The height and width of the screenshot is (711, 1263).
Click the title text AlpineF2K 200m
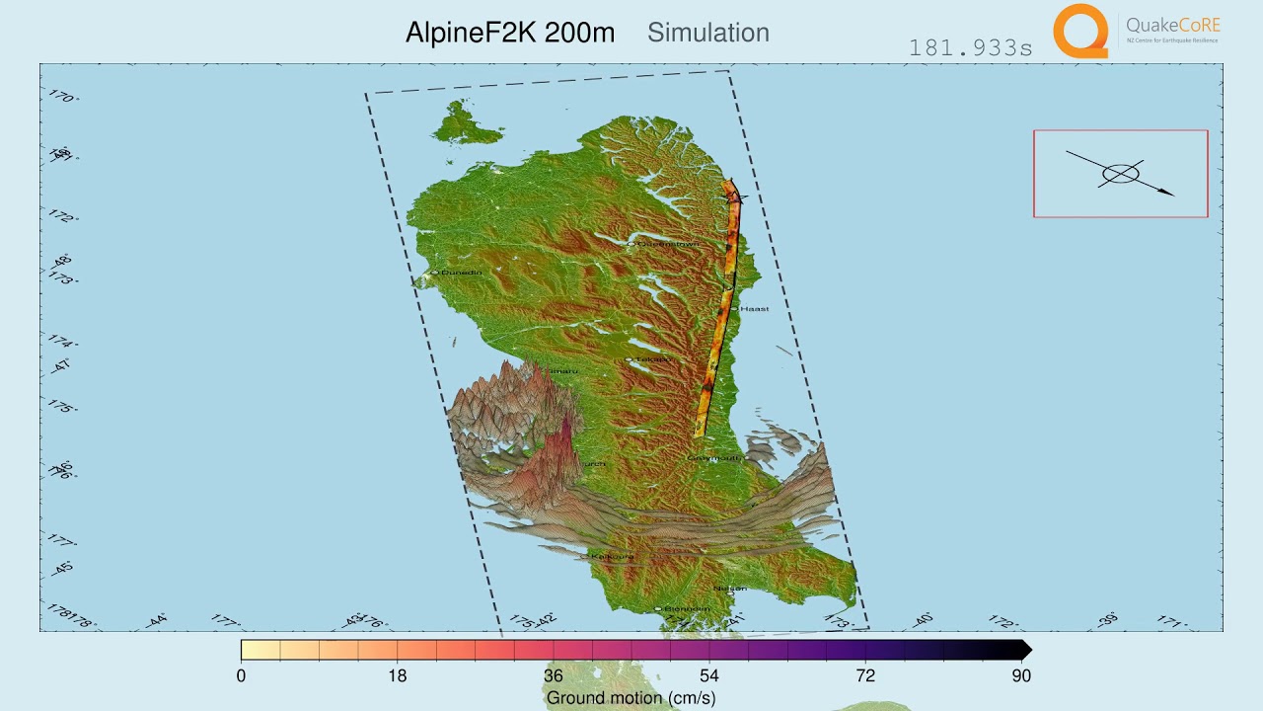coord(509,33)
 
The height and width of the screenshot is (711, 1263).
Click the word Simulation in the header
coord(707,33)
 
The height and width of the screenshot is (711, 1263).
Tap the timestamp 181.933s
coord(970,47)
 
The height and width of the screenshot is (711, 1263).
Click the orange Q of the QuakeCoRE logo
coord(1080,31)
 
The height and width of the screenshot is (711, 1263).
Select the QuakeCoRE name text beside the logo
coord(1172,26)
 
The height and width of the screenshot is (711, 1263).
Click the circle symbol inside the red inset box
coord(1120,175)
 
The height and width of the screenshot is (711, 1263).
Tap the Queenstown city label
coord(670,243)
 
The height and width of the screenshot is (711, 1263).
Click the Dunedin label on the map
coord(461,272)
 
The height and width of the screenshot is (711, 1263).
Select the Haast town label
coord(754,308)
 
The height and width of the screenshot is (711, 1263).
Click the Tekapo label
coord(651,358)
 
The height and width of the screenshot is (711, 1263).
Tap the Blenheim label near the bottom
coord(686,608)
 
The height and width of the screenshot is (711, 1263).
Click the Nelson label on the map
coord(730,589)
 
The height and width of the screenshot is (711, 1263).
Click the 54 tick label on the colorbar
coord(708,675)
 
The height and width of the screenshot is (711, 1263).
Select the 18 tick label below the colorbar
coord(397,675)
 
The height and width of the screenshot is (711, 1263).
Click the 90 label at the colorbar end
coord(1020,675)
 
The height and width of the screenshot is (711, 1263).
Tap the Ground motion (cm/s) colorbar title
coord(631,698)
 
